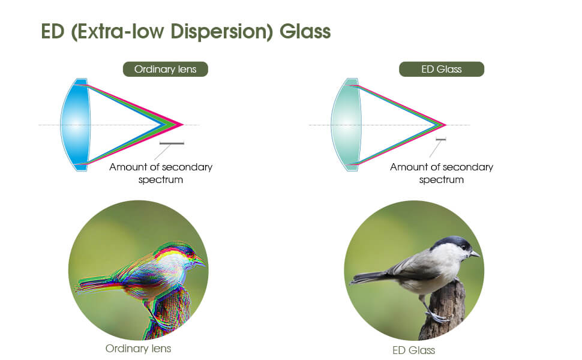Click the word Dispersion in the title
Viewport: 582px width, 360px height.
tap(221, 31)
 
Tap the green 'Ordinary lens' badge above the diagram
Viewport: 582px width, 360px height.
tap(166, 70)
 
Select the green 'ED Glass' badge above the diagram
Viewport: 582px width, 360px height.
tap(442, 70)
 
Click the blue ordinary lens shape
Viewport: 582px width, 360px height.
tap(76, 125)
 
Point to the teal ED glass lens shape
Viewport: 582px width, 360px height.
tap(346, 125)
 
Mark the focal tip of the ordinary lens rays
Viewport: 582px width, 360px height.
tap(184, 125)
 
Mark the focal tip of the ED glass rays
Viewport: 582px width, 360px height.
tap(445, 125)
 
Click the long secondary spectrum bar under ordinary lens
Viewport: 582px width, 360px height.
tap(172, 143)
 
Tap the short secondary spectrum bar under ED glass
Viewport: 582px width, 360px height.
tap(441, 140)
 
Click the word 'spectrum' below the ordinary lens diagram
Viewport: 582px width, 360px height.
tap(161, 180)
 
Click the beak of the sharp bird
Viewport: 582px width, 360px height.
tap(475, 254)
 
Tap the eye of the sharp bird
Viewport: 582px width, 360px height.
tap(465, 248)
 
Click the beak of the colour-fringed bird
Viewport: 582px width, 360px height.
tap(200, 261)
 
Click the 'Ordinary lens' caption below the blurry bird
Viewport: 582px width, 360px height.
tap(138, 349)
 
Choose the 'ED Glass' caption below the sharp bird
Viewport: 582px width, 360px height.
tap(413, 350)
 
